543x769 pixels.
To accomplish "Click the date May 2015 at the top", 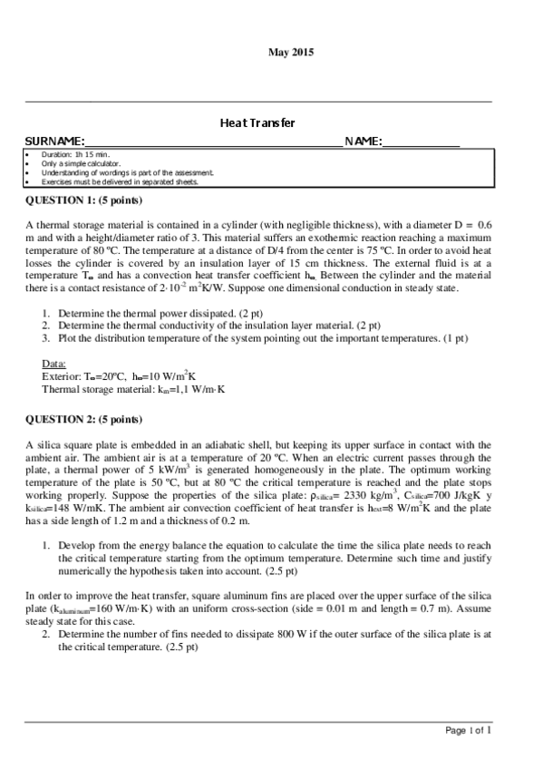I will coord(290,54).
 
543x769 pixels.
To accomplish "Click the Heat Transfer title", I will coord(258,122).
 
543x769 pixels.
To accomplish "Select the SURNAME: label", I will coord(53,141).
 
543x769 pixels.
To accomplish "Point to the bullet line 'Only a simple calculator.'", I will coord(81,164).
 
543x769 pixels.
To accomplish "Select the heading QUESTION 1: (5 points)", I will coord(83,200).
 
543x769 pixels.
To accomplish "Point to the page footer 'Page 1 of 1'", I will coord(469,730).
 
